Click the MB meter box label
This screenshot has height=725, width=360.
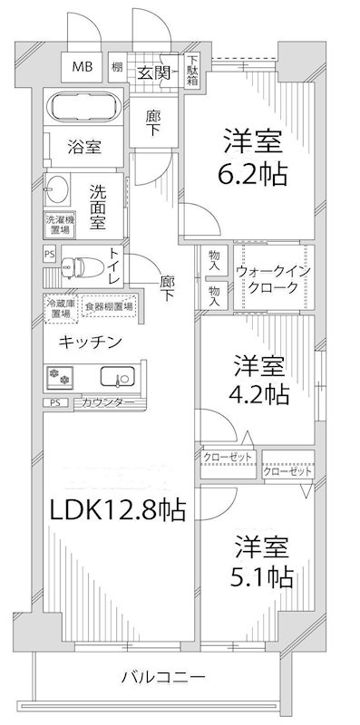point(82,66)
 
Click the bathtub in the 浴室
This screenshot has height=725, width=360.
point(83,108)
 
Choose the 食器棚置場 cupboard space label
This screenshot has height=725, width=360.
point(109,307)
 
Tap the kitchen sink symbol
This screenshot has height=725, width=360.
point(116,377)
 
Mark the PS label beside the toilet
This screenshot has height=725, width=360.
point(48,256)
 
